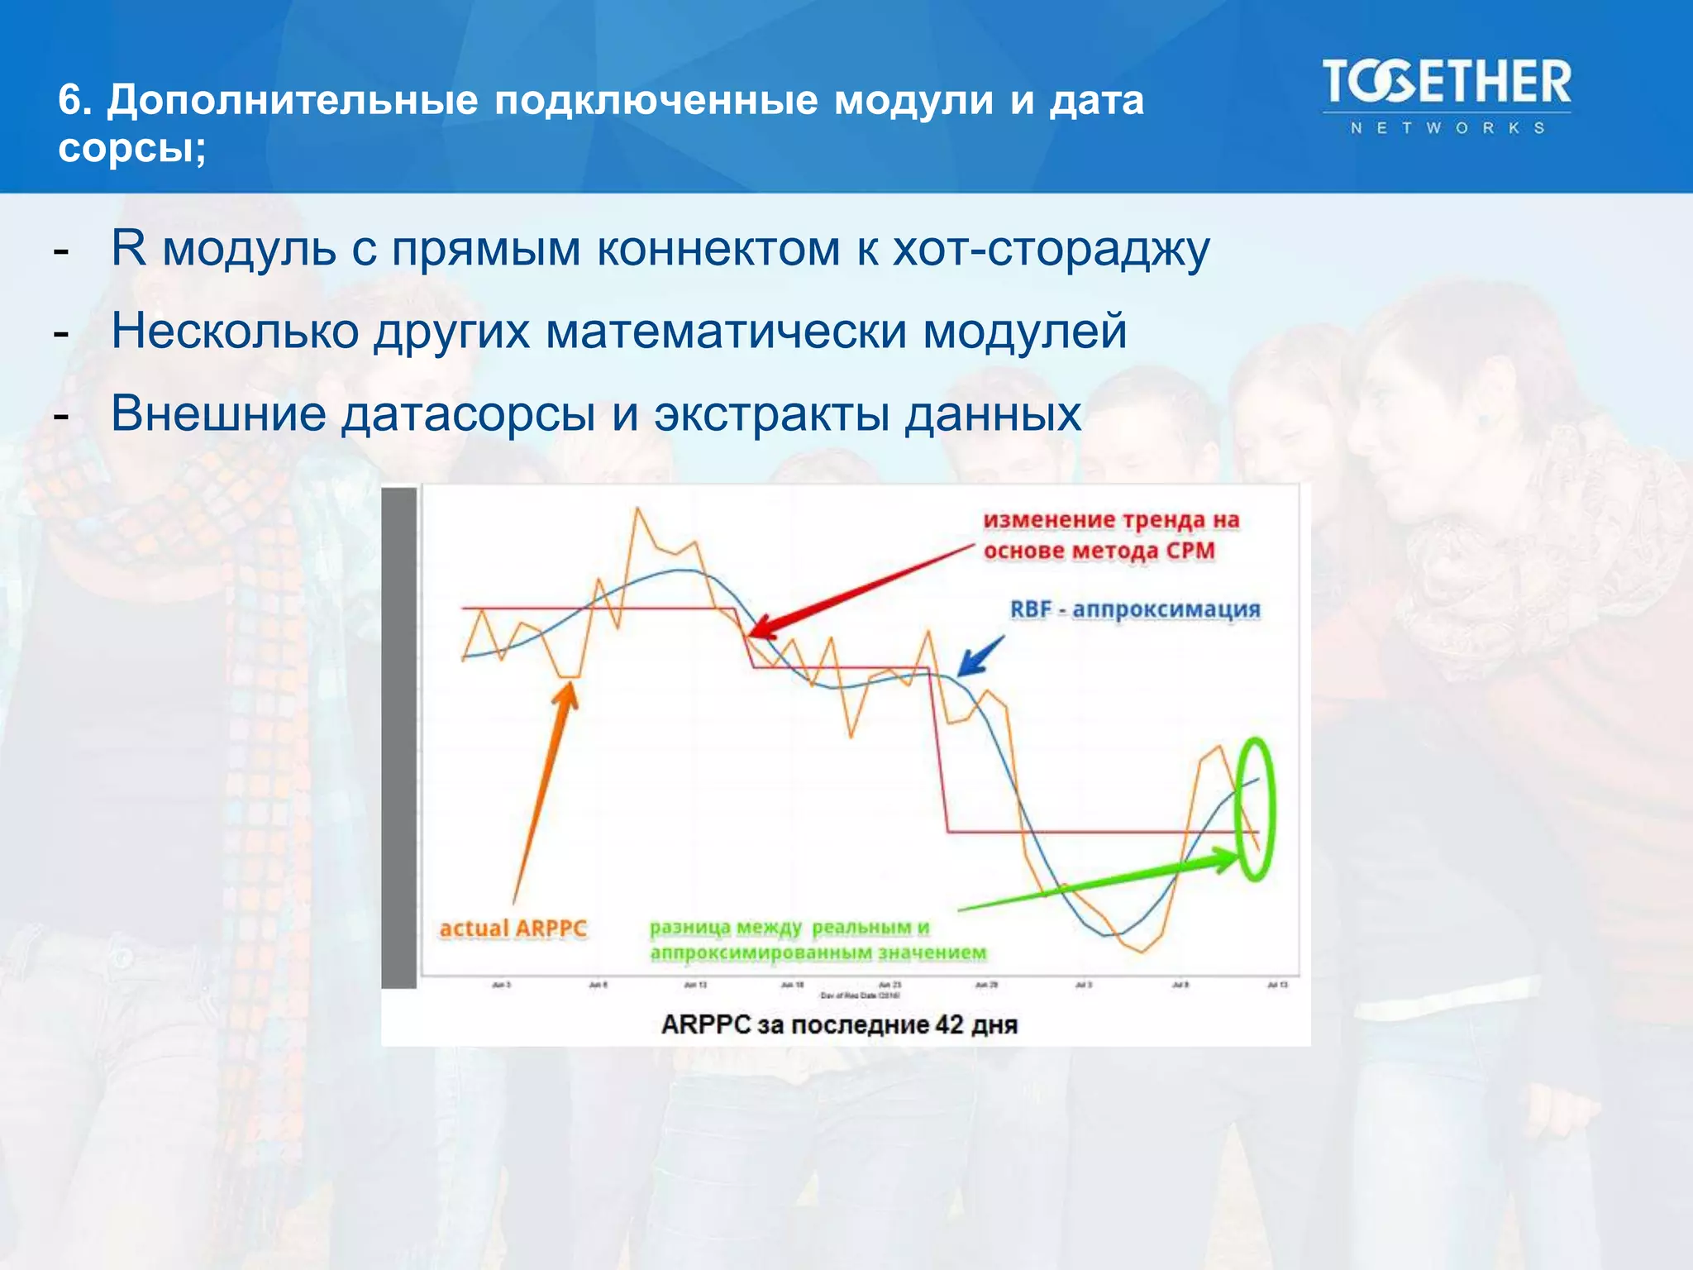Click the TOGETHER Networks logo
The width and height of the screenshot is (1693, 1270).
tap(1447, 95)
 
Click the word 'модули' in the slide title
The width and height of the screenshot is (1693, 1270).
tap(913, 100)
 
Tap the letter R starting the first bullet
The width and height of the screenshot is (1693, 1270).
tap(128, 247)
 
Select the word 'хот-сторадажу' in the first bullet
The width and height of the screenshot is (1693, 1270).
tap(1051, 249)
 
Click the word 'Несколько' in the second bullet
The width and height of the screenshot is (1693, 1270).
tap(236, 331)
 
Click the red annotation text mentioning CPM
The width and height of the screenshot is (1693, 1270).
tap(1110, 535)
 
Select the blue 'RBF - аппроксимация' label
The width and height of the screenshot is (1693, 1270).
tap(1135, 609)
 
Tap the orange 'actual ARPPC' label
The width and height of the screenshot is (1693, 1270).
tap(513, 929)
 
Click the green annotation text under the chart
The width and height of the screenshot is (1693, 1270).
tap(817, 940)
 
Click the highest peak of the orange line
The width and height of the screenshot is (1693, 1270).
tap(637, 508)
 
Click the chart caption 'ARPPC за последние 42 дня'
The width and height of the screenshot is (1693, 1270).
tap(839, 1024)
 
